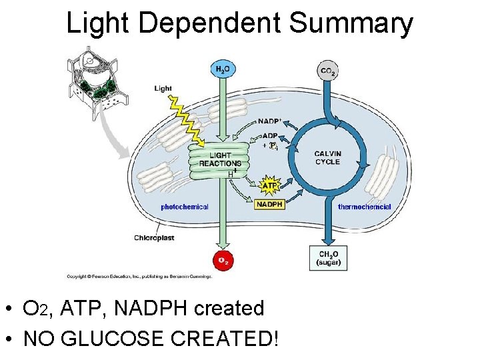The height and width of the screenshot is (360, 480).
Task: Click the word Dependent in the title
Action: [x=212, y=23]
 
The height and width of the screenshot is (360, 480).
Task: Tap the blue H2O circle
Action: [x=222, y=69]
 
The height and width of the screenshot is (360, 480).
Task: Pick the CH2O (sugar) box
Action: [x=328, y=258]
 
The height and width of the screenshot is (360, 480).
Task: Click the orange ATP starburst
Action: [x=269, y=181]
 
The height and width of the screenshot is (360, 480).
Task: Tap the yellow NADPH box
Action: [x=269, y=204]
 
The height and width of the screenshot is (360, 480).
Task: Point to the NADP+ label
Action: [x=269, y=121]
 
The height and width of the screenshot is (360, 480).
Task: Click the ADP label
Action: [x=270, y=136]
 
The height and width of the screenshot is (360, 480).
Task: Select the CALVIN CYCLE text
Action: [x=327, y=157]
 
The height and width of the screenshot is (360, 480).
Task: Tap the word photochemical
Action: [x=185, y=207]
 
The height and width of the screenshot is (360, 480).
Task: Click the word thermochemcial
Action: [x=365, y=207]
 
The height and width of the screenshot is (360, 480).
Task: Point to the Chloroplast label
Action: [x=154, y=237]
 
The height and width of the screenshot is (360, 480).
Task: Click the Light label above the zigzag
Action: [x=163, y=88]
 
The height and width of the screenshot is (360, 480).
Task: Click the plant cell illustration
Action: [x=96, y=78]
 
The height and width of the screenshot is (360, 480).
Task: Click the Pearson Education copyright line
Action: [x=139, y=276]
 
